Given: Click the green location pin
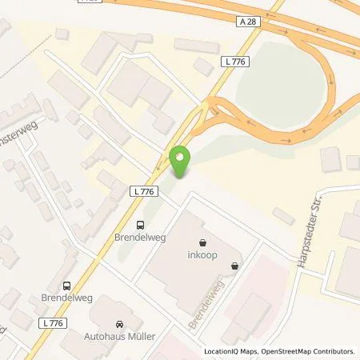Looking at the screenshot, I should point(182,162).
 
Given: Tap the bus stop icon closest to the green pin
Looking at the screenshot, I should point(141,225).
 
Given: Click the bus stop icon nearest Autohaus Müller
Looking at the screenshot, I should point(66,284).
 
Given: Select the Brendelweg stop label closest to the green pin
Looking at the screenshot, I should point(141,239).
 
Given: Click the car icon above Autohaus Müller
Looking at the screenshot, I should point(120,324).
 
